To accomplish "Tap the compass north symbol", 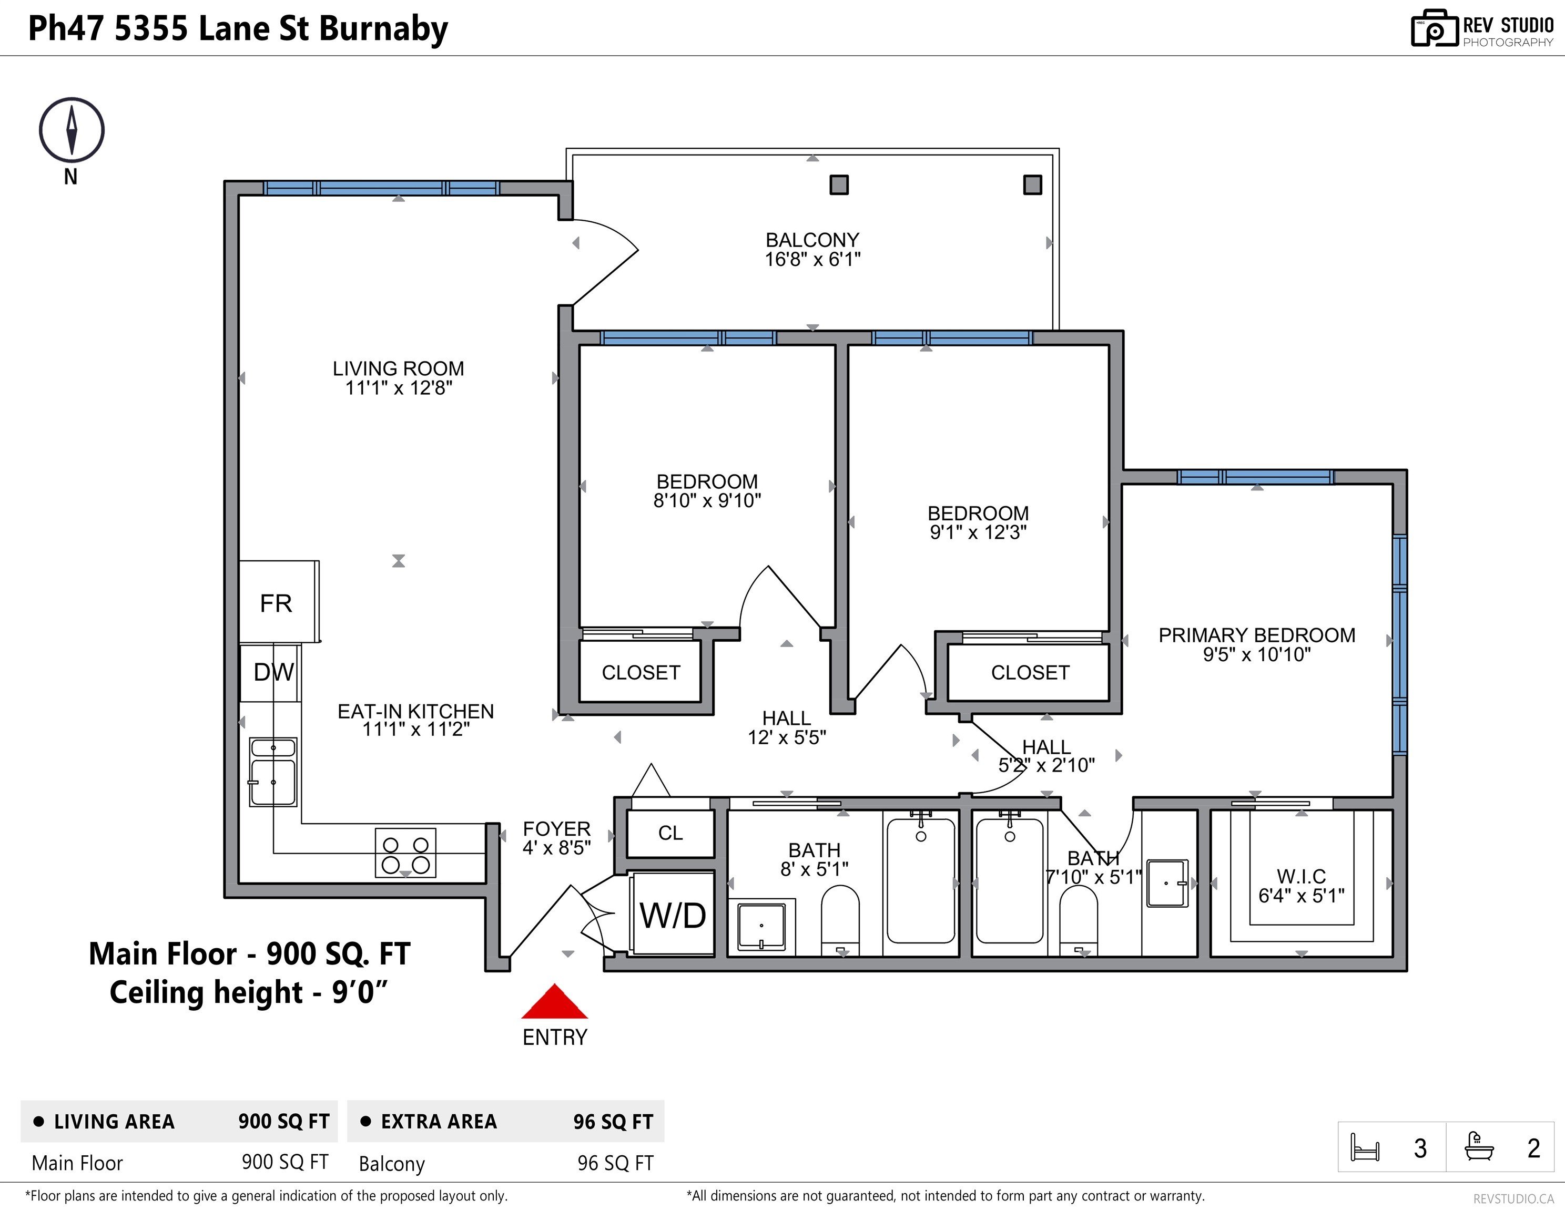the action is coord(72,130).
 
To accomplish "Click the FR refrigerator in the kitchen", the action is coord(279,602).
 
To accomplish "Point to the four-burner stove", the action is coord(405,853).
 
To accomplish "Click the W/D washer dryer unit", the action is coord(672,914).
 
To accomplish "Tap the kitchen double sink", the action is coord(273,772).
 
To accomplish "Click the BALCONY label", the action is coord(812,240).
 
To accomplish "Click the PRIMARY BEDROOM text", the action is coord(1257,635).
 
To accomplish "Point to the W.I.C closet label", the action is coord(1302,876).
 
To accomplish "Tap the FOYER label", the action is coord(557,828).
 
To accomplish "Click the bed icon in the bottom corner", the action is coord(1365,1147).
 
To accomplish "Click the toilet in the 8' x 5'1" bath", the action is coord(840,921).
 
